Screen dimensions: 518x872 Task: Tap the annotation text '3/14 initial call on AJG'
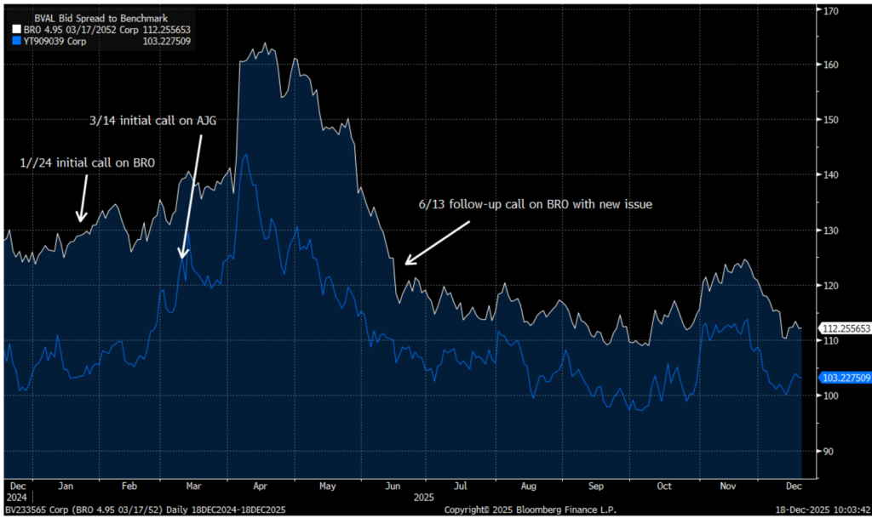(153, 121)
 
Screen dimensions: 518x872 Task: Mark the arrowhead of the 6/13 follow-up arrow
(407, 264)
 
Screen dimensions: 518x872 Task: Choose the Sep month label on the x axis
(595, 487)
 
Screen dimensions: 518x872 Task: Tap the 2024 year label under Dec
(18, 497)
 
